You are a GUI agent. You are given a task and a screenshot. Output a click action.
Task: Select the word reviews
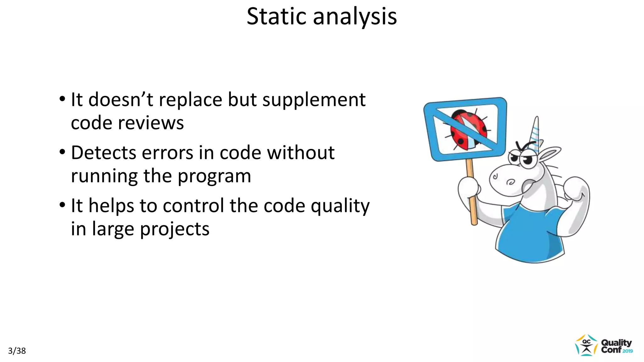151,123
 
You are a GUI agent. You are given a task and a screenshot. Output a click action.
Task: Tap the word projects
175,229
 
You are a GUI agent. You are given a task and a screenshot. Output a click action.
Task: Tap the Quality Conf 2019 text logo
616,346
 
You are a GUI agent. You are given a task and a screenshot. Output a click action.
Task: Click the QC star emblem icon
586,345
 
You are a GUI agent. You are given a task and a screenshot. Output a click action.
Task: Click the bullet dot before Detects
63,152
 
